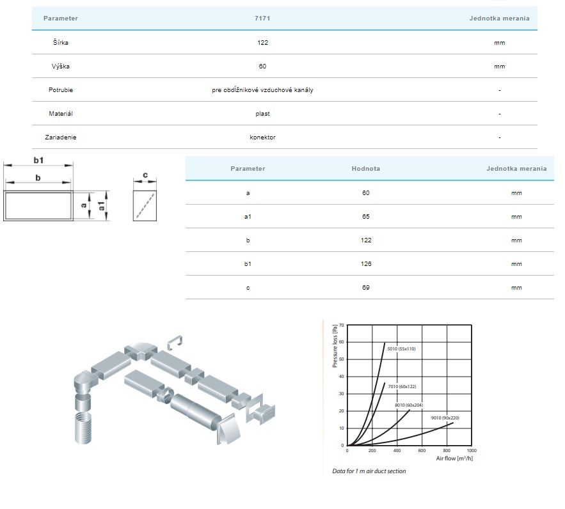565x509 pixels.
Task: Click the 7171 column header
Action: click(262, 19)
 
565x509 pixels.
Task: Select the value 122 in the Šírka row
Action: click(263, 42)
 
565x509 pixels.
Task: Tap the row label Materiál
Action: click(61, 114)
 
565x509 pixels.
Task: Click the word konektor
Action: click(262, 137)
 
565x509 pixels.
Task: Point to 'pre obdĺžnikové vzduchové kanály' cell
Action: click(262, 90)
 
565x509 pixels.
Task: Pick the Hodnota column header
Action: click(366, 168)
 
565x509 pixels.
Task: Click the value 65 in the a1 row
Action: click(366, 217)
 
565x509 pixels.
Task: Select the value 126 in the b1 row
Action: click(366, 264)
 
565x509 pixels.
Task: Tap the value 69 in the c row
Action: click(366, 288)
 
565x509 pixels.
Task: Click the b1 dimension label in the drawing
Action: click(38, 161)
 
